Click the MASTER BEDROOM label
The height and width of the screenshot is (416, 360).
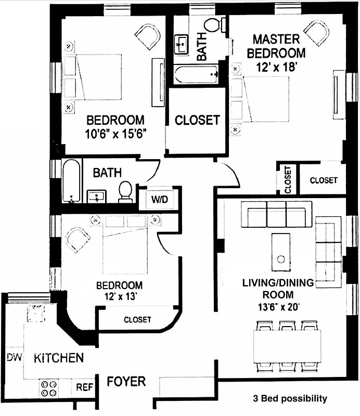(x=276, y=46)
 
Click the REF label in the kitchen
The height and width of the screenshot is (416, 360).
(x=84, y=387)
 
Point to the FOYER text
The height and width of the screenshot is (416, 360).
(x=126, y=382)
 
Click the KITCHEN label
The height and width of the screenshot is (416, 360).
(x=59, y=358)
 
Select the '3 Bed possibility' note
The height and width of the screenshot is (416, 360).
(x=289, y=399)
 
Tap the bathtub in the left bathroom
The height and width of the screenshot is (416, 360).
(x=71, y=180)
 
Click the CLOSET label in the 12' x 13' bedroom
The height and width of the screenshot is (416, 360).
(x=137, y=319)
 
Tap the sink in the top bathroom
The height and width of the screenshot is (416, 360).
(x=182, y=44)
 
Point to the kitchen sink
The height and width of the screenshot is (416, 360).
(x=35, y=314)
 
